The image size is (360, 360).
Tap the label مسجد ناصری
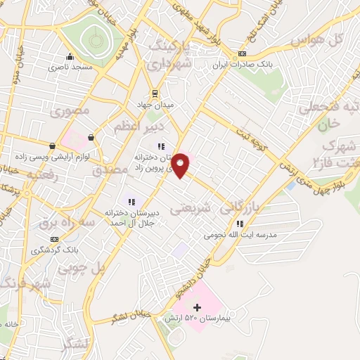click(69, 68)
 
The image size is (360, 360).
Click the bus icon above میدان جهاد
click(156, 94)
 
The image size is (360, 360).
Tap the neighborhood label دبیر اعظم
click(138, 127)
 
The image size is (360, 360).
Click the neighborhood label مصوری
click(73, 111)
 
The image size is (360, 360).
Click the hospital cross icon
click(197, 307)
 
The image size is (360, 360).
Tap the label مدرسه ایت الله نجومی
click(241, 234)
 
